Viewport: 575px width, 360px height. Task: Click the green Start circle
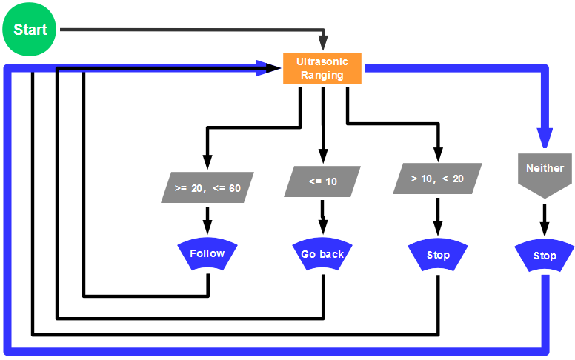tap(30, 30)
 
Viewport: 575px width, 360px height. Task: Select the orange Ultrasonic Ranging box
tap(322, 68)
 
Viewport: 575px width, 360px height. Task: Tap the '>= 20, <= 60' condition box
tap(207, 187)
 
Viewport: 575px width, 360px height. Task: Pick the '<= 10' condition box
tap(322, 181)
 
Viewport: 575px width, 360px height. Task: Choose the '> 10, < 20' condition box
tap(437, 179)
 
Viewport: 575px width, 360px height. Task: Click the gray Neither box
tap(545, 173)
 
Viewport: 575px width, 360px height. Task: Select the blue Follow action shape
tap(207, 255)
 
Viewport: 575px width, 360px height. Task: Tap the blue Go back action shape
tap(322, 256)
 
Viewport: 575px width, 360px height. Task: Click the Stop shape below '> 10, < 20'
tap(438, 256)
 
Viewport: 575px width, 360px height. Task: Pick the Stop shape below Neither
tap(545, 257)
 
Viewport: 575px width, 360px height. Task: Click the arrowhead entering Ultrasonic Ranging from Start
tap(322, 44)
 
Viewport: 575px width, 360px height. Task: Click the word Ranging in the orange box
tap(322, 75)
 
